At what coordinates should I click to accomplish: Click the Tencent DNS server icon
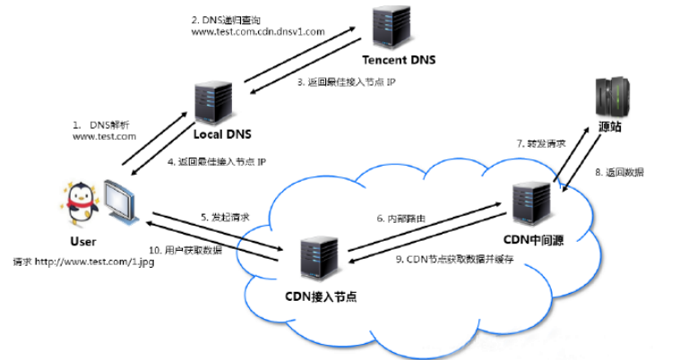pos(391,27)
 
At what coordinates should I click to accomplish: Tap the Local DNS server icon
pos(213,103)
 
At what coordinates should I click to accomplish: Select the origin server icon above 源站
pos(612,97)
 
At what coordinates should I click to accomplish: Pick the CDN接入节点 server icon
pos(319,259)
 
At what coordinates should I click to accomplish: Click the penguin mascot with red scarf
pos(81,203)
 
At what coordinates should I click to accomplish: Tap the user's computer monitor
pos(122,201)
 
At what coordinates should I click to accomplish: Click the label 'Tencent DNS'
pos(399,60)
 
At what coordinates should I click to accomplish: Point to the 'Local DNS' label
pos(222,134)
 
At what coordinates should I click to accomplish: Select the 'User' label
pos(83,242)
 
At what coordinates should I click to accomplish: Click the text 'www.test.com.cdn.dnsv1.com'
pos(258,31)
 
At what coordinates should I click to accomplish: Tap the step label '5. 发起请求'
pos(225,217)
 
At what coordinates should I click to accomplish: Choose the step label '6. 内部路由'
pos(401,219)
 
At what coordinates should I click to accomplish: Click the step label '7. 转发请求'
pos(541,144)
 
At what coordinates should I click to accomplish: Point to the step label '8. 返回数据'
pos(619,172)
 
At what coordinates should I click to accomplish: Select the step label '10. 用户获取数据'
pos(185,251)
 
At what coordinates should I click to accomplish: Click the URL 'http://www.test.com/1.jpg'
pos(94,262)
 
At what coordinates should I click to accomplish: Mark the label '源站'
pos(610,127)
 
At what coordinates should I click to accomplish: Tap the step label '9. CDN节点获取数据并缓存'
pos(454,259)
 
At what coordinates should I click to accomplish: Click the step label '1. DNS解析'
pos(101,125)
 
